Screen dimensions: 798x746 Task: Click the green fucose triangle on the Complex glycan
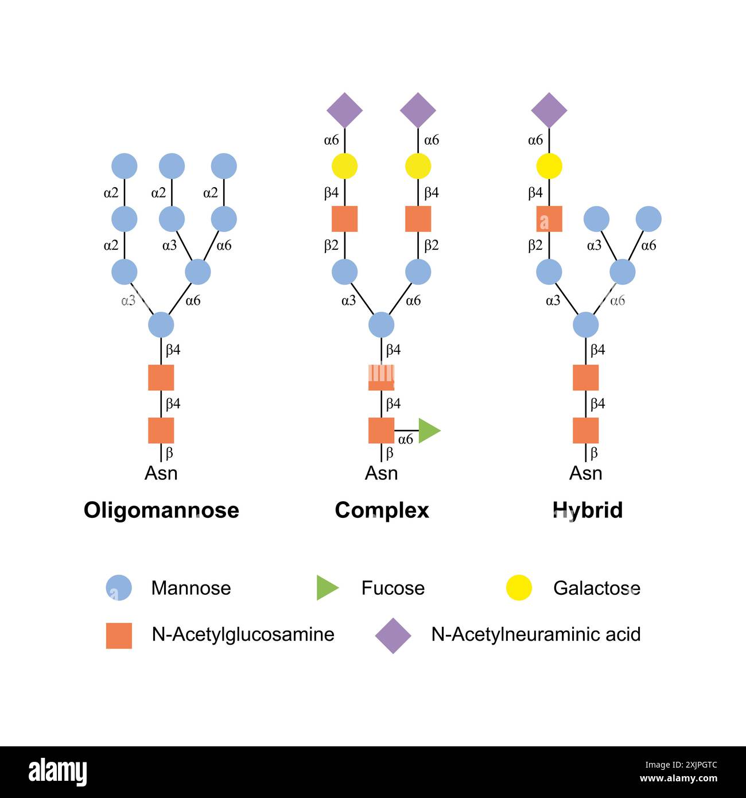pos(428,431)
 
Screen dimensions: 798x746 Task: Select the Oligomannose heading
pos(161,510)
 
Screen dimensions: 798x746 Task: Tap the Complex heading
pos(382,510)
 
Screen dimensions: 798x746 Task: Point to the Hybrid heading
pos(587,510)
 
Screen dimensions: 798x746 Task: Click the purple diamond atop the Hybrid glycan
pos(549,110)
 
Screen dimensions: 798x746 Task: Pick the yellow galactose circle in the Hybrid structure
pos(549,166)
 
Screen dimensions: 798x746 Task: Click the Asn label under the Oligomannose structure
pos(161,474)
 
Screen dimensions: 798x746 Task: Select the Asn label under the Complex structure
pos(382,474)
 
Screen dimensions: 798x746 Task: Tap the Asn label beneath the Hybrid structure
pos(586,474)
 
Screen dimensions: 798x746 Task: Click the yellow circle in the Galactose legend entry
pos(519,588)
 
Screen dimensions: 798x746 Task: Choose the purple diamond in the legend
pos(393,636)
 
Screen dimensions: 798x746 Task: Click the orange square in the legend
pos(119,636)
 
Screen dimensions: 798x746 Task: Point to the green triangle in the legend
pos(327,588)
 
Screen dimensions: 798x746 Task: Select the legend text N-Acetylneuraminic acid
pos(535,634)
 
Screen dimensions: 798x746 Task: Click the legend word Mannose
pos(191,588)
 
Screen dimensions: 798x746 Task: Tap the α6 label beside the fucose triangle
pos(405,440)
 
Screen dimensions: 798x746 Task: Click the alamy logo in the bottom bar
pos(57,772)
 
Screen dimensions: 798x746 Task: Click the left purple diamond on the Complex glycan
pos(345,110)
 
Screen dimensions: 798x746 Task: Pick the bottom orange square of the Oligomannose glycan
pos(161,431)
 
